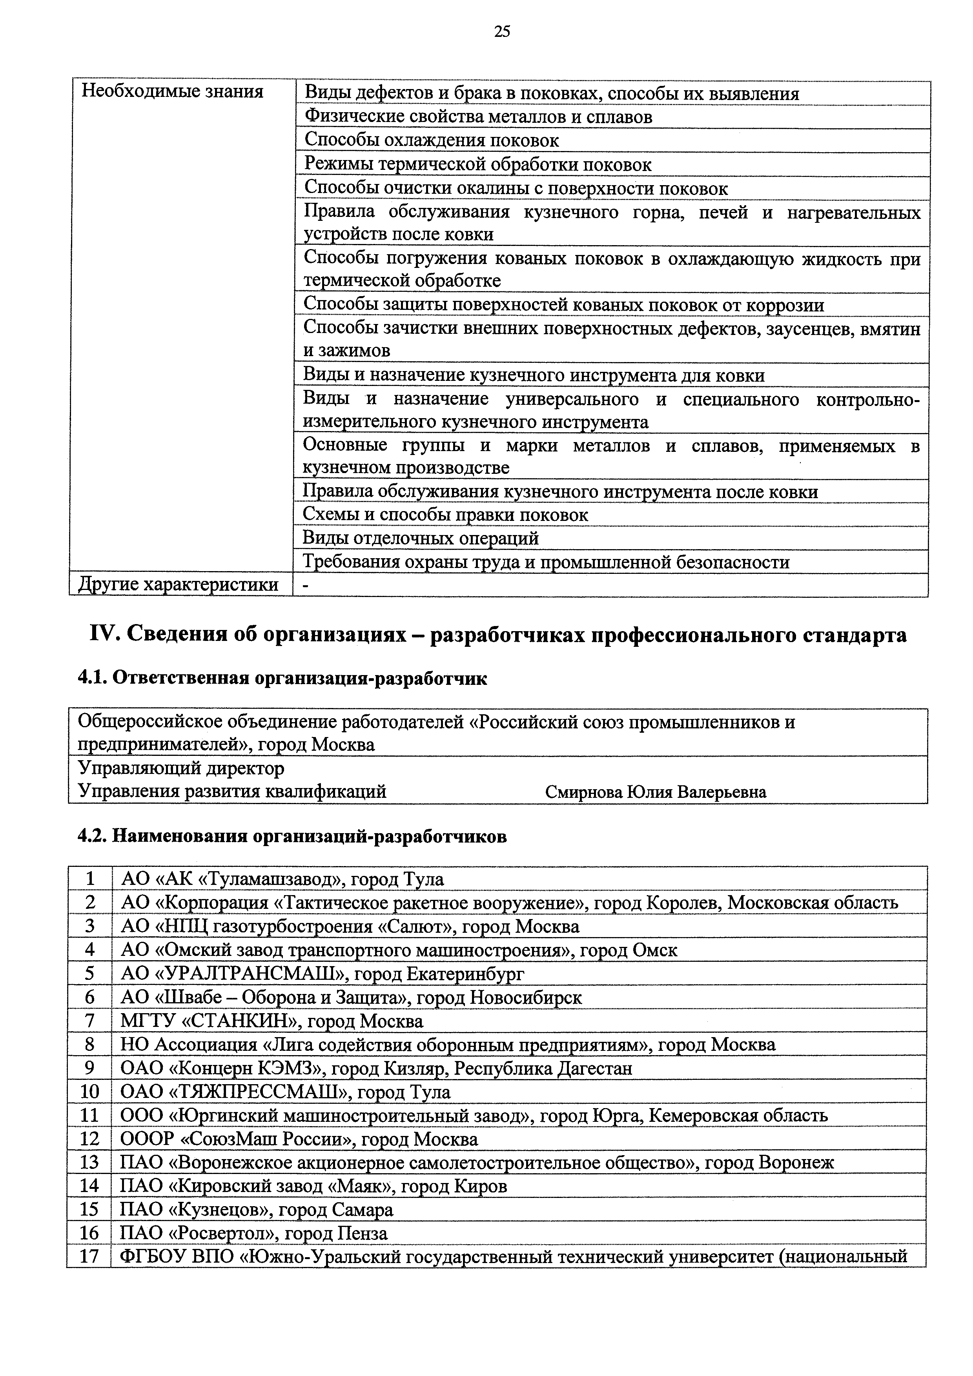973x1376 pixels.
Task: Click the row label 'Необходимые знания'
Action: tap(172, 92)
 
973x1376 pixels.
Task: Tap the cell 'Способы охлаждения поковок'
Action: tap(431, 140)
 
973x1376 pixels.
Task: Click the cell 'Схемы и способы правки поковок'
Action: tap(445, 515)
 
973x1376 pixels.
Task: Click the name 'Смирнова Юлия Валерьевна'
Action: tap(655, 792)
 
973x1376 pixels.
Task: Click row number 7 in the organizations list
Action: tap(90, 1021)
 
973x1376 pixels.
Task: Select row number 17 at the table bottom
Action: tap(89, 1257)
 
